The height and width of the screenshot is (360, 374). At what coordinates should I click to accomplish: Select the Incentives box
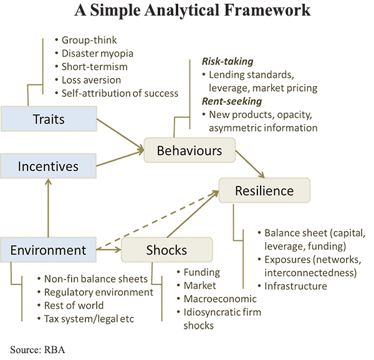coord(48,167)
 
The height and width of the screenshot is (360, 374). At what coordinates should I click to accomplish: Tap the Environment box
coord(48,250)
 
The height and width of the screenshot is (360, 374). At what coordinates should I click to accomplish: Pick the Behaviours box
coord(189,151)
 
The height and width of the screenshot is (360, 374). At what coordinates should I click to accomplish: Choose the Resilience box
coord(264,191)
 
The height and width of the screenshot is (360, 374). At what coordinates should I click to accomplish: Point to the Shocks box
coord(166,250)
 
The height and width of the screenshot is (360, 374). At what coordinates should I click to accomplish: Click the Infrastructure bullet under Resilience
coord(295,286)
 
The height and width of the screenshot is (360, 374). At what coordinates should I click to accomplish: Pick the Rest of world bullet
coord(74,306)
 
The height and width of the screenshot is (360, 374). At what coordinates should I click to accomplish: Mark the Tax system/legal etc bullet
coord(89,319)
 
